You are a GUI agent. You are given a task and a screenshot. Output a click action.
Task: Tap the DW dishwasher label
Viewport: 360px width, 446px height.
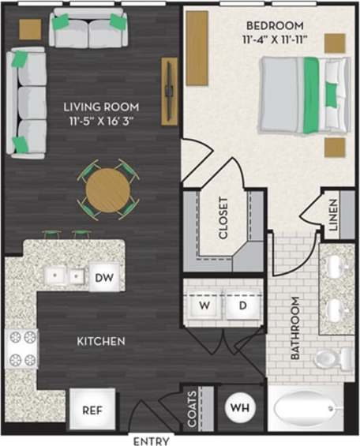point(104,277)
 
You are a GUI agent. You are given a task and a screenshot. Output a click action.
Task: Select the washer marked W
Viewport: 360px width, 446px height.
point(204,305)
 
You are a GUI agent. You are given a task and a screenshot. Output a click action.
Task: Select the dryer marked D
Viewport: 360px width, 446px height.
point(242,305)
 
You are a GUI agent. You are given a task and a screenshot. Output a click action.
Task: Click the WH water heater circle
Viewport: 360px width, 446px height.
point(239,408)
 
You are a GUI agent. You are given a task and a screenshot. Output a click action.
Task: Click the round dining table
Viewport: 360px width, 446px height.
point(107,189)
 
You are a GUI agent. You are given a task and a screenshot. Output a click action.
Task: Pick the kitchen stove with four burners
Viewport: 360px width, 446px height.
point(21,348)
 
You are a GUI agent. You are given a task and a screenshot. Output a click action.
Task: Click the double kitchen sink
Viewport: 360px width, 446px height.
point(64,276)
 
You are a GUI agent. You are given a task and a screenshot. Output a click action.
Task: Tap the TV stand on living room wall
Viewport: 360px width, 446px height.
point(169,91)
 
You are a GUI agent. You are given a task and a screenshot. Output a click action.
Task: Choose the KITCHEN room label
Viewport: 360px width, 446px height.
point(100,342)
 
